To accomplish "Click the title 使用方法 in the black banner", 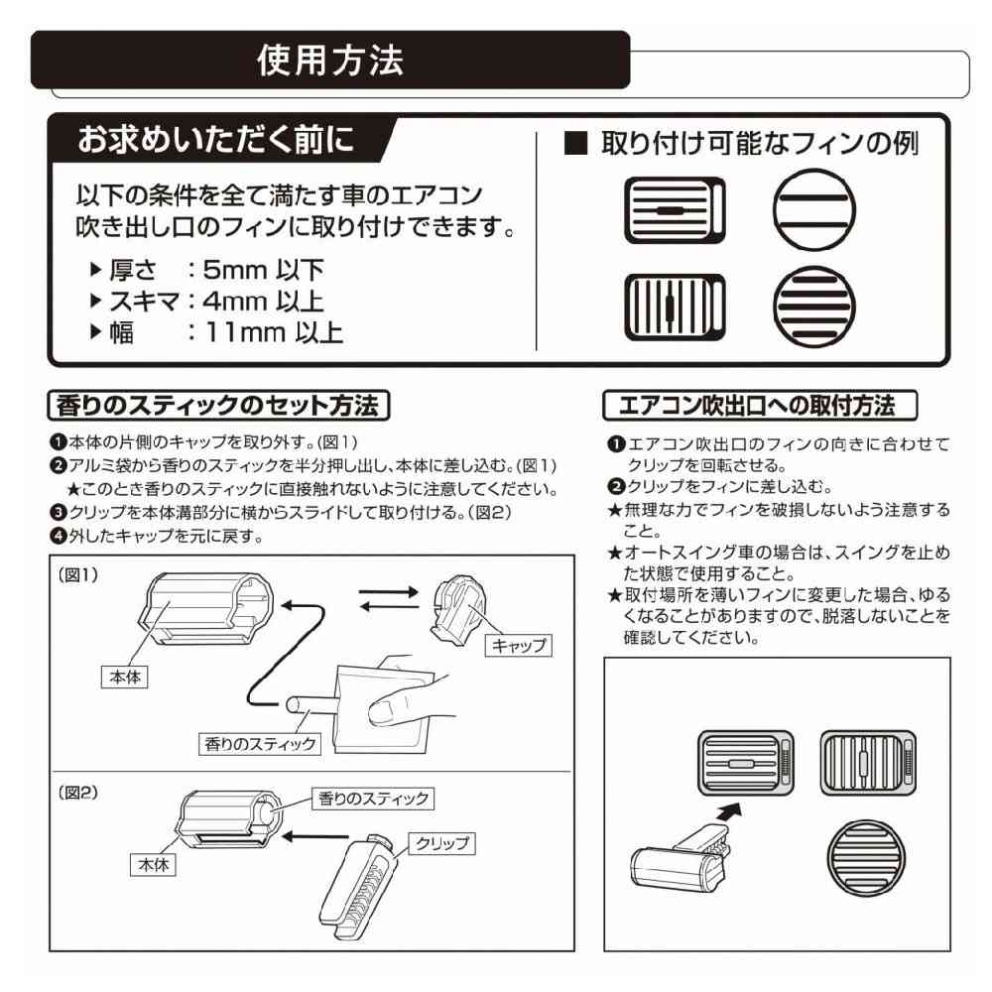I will point(330,61).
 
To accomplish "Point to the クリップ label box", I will point(437,844).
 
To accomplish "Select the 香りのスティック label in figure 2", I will point(373,799).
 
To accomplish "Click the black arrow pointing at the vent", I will point(729,812).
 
